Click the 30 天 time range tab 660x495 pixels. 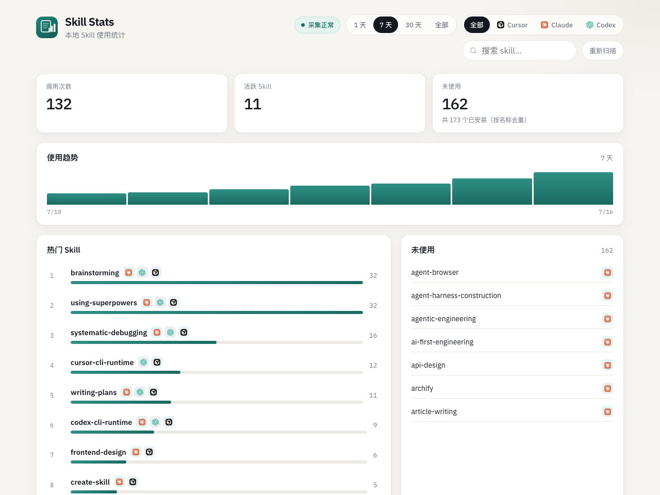coord(413,25)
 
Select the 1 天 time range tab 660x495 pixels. coord(359,25)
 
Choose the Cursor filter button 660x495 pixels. coord(512,25)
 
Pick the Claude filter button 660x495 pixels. coord(556,25)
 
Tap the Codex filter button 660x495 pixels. coord(601,25)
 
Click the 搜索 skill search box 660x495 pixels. coord(519,51)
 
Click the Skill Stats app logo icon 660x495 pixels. coord(47,27)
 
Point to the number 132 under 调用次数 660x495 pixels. coord(59,104)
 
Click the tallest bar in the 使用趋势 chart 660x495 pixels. coord(573,188)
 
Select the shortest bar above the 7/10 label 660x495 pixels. coord(87,199)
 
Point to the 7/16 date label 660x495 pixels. coord(605,212)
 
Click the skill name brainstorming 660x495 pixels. coord(95,273)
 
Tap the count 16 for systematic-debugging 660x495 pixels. coord(373,335)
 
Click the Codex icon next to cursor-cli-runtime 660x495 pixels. coord(144,362)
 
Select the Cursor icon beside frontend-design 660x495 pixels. coord(149,452)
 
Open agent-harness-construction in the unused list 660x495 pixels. coord(456,295)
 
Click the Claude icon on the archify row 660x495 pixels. coord(607,389)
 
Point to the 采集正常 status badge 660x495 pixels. coord(317,25)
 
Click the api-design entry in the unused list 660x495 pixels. coord(428,365)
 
